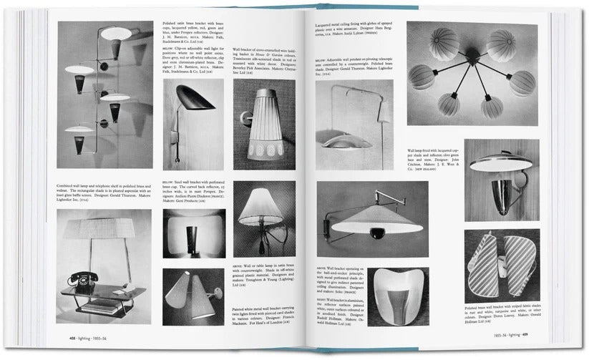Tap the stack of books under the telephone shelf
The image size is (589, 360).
click(x=104, y=307)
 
